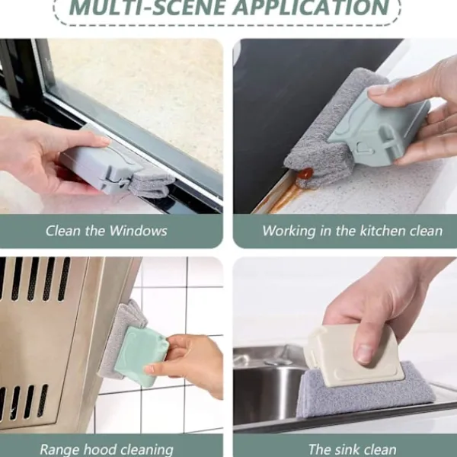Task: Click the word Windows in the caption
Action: pyautogui.click(x=138, y=231)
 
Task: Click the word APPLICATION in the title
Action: pyautogui.click(x=311, y=8)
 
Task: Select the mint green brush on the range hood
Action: pyautogui.click(x=141, y=356)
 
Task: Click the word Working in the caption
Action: pyautogui.click(x=289, y=231)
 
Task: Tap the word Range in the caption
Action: pyautogui.click(x=61, y=449)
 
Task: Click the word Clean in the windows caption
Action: pyautogui.click(x=63, y=231)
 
